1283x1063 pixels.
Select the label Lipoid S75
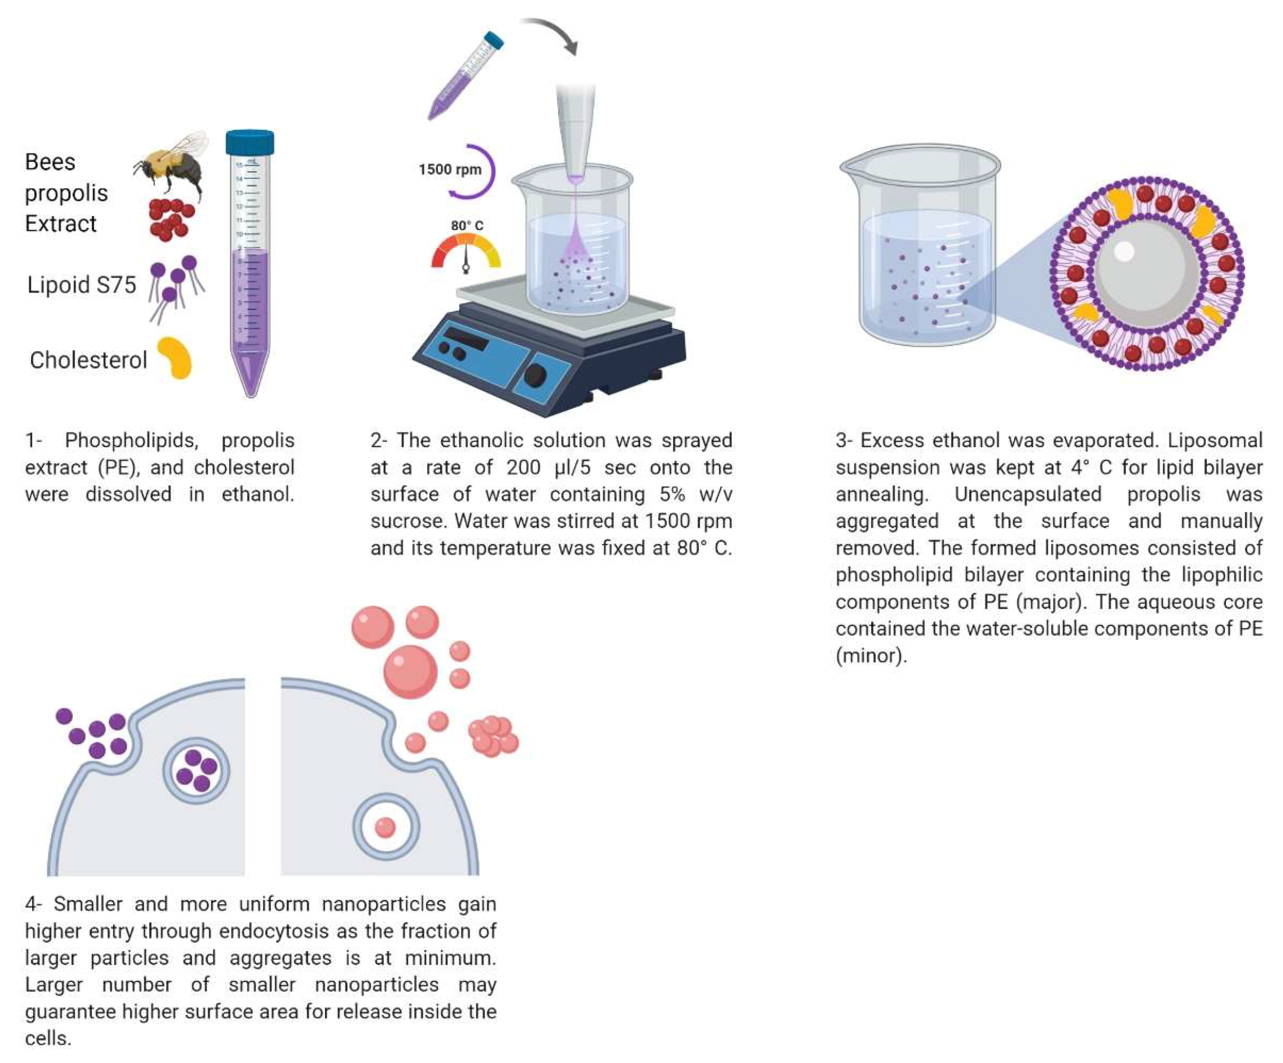81,285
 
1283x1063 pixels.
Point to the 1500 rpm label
450,170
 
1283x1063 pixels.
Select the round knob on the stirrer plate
535,375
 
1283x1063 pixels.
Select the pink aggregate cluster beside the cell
493,736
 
